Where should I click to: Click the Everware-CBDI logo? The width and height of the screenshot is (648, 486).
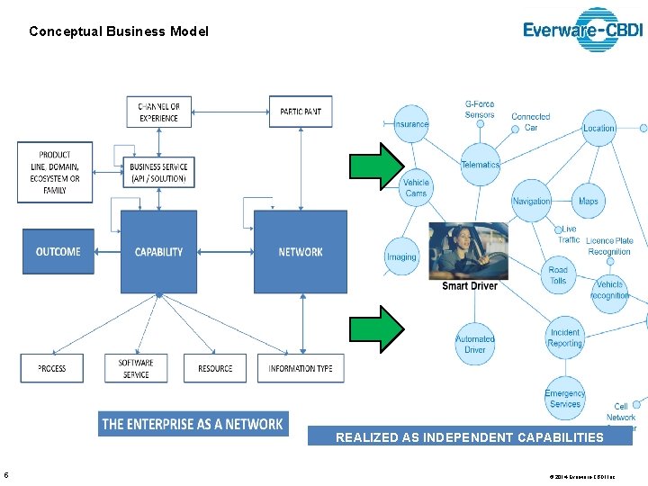tap(583, 30)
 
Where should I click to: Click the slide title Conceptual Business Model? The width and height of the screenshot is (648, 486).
tap(118, 31)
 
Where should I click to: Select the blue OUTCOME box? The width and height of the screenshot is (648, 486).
tap(58, 252)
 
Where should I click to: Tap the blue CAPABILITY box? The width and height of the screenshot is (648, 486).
tap(158, 252)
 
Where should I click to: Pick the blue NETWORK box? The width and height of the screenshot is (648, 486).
tap(300, 252)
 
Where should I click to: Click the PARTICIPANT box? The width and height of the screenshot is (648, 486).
tap(300, 112)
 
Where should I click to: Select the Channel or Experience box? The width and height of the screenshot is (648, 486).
tap(158, 112)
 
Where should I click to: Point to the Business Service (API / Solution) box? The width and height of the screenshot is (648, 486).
tap(158, 173)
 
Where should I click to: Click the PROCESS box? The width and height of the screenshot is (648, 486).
tap(51, 368)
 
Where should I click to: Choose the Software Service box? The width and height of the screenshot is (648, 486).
tap(136, 368)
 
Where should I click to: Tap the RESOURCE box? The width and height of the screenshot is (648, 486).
tap(214, 368)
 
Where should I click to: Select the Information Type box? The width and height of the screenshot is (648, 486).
tap(300, 368)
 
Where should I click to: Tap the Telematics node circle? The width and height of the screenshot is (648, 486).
tap(480, 165)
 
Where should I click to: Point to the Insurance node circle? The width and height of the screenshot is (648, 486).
tap(411, 124)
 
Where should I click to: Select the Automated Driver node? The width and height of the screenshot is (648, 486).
tap(474, 345)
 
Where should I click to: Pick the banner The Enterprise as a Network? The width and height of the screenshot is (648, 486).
tap(193, 424)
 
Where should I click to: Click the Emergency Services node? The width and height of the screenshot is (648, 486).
tap(564, 398)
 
